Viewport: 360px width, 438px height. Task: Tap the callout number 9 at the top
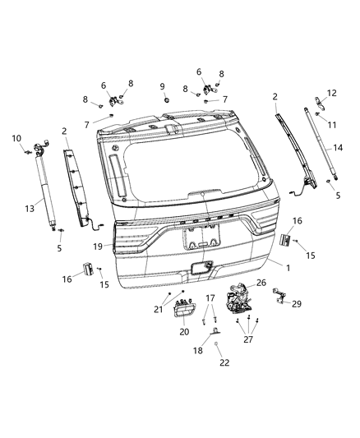pos(162,86)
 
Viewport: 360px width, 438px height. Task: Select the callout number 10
pos(16,138)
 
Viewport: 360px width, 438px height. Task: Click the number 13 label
pos(30,209)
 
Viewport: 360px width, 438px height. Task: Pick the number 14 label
pos(338,148)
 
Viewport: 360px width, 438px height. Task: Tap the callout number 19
pos(98,246)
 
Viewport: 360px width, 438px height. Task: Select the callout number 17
pos(210,297)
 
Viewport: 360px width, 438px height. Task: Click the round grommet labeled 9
pos(166,99)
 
